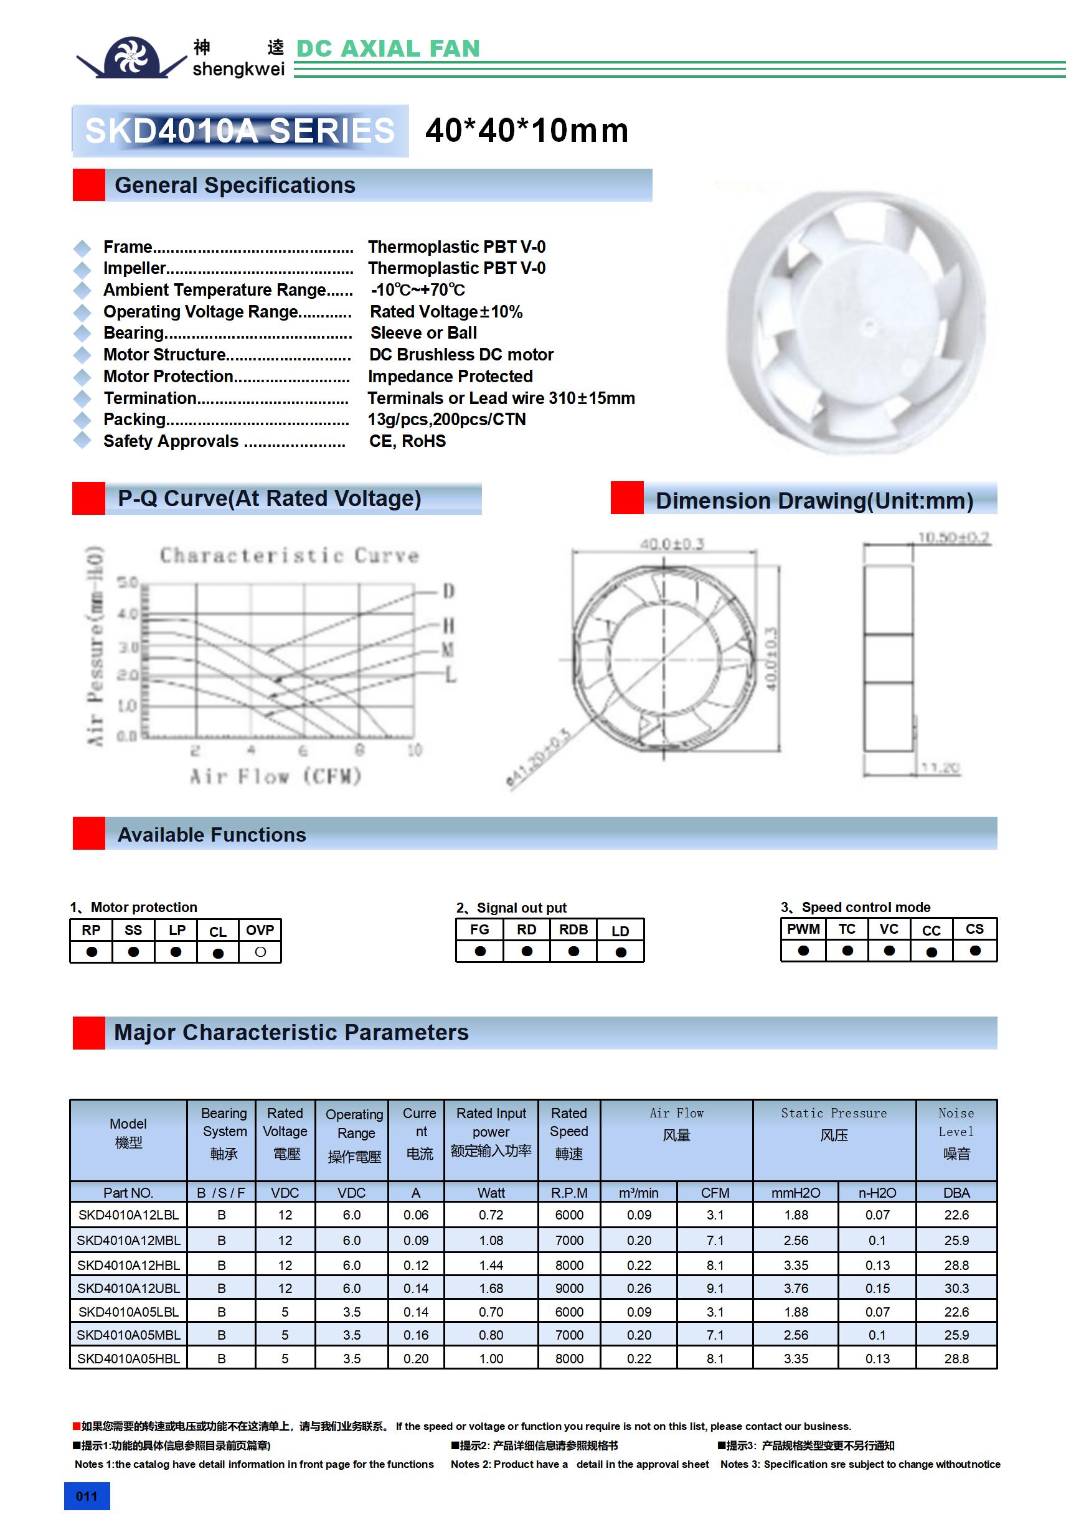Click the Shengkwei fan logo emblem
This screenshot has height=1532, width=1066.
tap(131, 57)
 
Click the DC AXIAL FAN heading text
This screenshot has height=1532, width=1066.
tap(388, 49)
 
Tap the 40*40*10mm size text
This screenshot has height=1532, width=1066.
tap(527, 130)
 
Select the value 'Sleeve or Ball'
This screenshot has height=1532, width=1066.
tap(423, 333)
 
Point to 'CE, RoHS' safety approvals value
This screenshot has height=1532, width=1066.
tap(407, 441)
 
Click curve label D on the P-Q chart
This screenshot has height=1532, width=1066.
tap(448, 591)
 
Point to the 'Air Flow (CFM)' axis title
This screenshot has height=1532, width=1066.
tap(275, 776)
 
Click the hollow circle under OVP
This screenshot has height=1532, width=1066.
tap(260, 952)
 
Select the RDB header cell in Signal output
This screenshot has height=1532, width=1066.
tap(573, 929)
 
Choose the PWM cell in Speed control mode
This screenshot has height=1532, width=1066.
tap(803, 929)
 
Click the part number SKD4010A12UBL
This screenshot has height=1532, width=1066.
tap(128, 1288)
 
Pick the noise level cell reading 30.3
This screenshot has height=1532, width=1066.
tap(956, 1288)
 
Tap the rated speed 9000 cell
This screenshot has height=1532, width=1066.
tap(568, 1288)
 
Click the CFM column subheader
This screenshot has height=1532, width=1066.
tap(714, 1192)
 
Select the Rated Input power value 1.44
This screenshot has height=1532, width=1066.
tap(491, 1264)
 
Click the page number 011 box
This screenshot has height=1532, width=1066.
tap(87, 1496)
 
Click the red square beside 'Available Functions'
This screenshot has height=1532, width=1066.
tap(89, 834)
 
